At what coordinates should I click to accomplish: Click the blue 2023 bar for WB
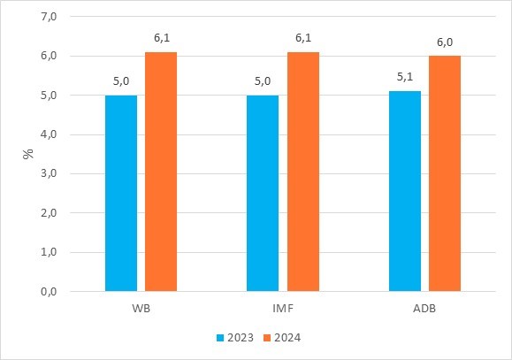pos(121,193)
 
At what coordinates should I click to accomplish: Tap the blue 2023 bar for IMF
pos(263,193)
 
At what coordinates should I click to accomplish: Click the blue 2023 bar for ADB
pos(405,191)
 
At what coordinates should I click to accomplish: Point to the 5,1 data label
pos(405,77)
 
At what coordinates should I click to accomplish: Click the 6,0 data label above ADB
pos(445,42)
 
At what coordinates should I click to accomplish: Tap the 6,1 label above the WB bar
pos(161,38)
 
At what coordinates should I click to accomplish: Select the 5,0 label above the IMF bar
pos(263,80)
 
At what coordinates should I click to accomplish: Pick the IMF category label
pos(282,310)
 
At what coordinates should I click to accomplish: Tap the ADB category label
pos(424,310)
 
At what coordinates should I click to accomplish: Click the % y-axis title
pos(28,153)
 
